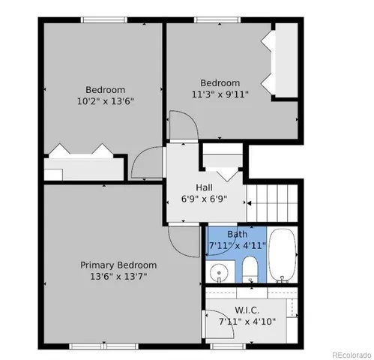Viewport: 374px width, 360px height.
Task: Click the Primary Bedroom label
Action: pyautogui.click(x=118, y=265)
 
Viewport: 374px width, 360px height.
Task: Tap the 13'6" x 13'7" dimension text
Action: pyautogui.click(x=118, y=276)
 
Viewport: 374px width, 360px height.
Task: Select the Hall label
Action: pyautogui.click(x=204, y=187)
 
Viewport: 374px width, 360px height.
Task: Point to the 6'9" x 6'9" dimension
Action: pyautogui.click(x=204, y=199)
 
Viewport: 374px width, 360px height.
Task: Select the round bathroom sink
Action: pyautogui.click(x=219, y=271)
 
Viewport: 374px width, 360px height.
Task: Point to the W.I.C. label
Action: pyautogui.click(x=247, y=310)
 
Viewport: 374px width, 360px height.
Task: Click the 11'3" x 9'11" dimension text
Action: pyautogui.click(x=219, y=94)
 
